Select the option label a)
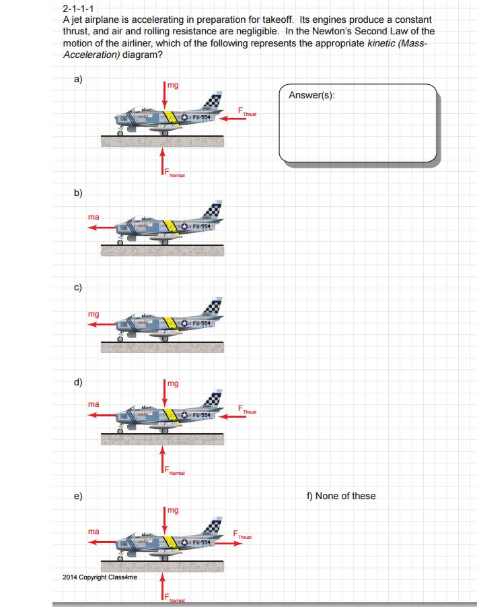79,79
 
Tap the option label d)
79,383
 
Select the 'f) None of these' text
340,496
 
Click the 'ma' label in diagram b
94,217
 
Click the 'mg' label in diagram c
94,314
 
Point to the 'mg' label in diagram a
173,85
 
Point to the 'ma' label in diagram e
94,532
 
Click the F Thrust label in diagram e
243,534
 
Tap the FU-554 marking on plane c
202,324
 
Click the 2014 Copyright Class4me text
100,577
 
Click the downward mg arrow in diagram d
163,393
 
